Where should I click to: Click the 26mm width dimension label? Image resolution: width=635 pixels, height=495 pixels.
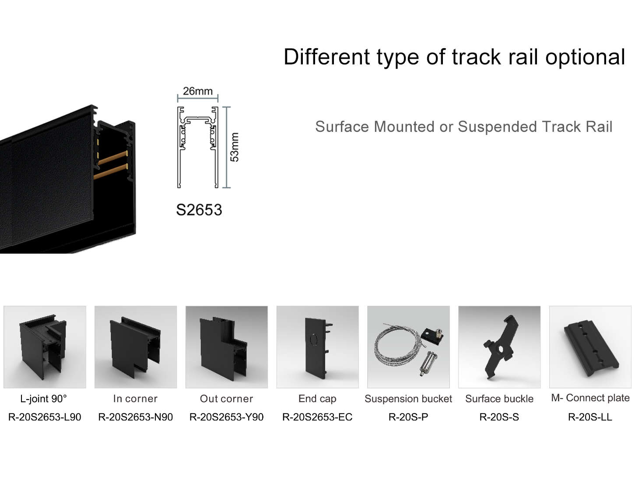click(197, 91)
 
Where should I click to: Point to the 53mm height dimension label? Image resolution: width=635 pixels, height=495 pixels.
click(235, 147)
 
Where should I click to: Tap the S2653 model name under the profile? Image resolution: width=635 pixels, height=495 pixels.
click(199, 210)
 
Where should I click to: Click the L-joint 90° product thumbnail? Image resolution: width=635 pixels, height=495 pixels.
click(45, 347)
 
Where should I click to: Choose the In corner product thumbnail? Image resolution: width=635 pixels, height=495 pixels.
click(136, 347)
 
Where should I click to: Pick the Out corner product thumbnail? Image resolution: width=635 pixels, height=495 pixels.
click(226, 347)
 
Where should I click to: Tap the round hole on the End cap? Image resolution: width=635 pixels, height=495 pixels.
click(313, 339)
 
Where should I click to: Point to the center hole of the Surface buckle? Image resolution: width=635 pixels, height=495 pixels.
click(500, 349)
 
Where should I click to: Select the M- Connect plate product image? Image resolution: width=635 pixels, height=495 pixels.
click(590, 347)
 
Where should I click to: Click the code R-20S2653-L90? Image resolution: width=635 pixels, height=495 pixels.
click(45, 417)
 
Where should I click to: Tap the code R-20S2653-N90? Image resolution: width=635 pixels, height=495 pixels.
click(136, 417)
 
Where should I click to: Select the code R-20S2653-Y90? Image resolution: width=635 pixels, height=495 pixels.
click(226, 417)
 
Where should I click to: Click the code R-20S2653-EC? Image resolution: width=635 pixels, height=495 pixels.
click(317, 417)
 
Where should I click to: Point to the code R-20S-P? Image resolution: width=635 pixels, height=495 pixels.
click(408, 417)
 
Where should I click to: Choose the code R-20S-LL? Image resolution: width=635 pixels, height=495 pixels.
click(590, 417)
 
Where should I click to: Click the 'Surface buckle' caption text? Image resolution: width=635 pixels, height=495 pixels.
click(499, 399)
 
